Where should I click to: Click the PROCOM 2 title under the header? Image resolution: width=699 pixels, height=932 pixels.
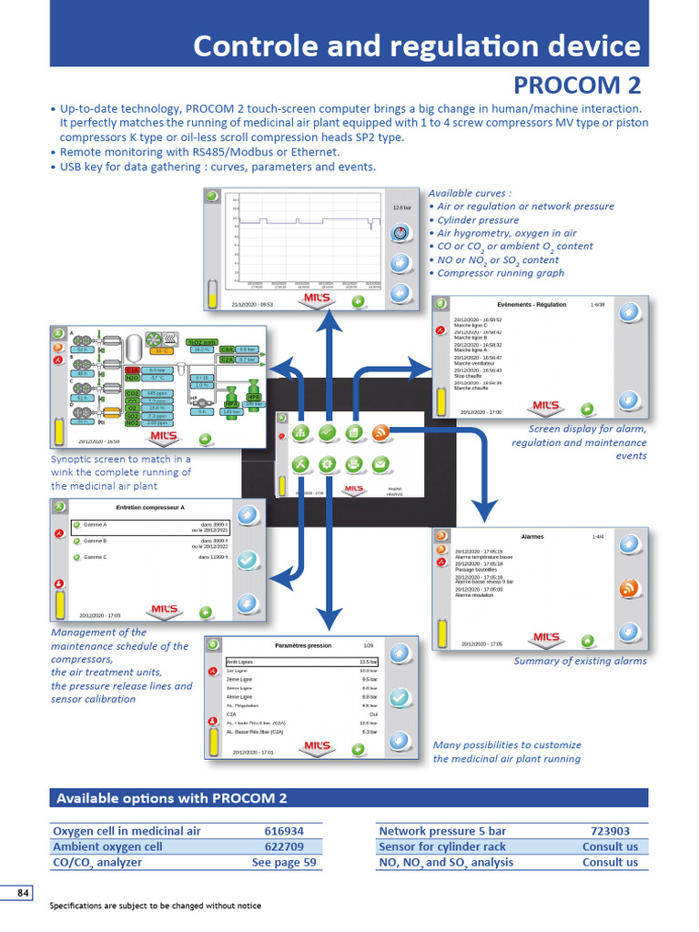tap(577, 86)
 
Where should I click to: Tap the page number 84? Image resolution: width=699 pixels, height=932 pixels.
tap(23, 893)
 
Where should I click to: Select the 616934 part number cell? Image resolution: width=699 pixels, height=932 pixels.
tap(284, 831)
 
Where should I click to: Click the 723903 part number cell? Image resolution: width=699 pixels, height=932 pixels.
tap(610, 831)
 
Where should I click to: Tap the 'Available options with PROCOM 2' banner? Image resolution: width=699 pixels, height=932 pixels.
tap(172, 798)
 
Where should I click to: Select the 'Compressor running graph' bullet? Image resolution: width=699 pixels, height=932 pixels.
tap(501, 272)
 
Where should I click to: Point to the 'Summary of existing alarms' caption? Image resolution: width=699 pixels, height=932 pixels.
tap(580, 661)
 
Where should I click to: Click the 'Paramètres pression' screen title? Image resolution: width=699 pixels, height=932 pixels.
tap(303, 645)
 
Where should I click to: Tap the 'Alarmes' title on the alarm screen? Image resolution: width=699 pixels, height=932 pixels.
tap(532, 537)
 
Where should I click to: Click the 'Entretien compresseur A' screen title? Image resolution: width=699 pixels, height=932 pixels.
tap(150, 507)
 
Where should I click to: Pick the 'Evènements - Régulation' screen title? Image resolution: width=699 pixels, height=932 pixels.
tap(532, 304)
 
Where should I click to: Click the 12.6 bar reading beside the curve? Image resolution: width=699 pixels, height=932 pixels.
tap(401, 208)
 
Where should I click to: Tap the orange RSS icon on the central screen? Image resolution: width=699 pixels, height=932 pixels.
tap(380, 432)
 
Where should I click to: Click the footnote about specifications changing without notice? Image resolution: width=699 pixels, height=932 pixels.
tap(155, 906)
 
